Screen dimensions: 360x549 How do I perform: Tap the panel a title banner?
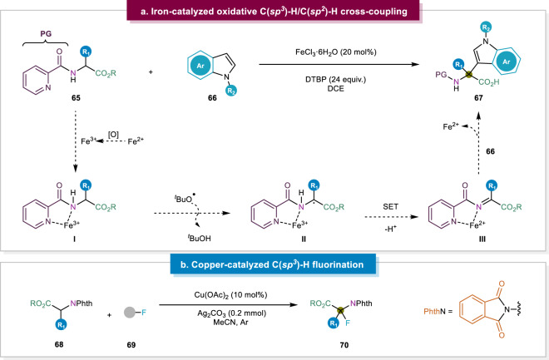[x=274, y=12]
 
